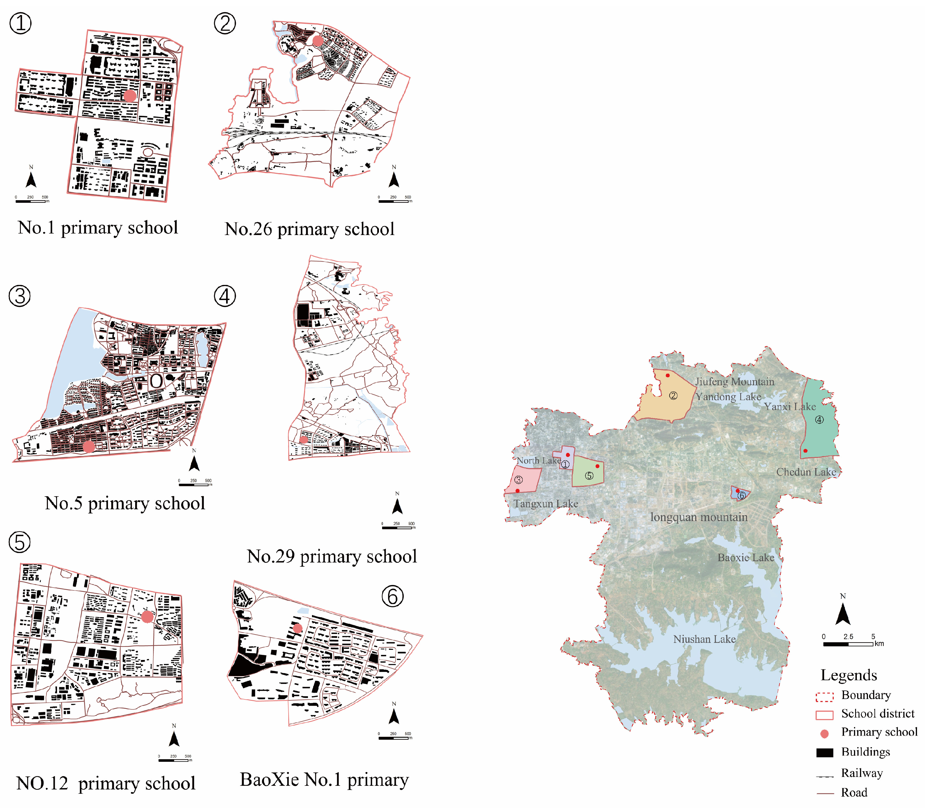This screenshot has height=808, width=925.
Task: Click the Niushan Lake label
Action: (x=704, y=639)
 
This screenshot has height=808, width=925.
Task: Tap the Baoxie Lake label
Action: (x=746, y=557)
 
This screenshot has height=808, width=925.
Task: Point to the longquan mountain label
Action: (x=699, y=517)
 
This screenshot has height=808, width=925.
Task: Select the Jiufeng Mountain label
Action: (x=735, y=381)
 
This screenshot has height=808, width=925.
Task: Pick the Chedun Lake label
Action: (x=806, y=472)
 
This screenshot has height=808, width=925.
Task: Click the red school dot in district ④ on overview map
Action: (x=805, y=450)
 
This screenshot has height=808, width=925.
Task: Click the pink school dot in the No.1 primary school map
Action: (x=130, y=96)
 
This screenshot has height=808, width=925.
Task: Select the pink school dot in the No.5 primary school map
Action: (x=89, y=446)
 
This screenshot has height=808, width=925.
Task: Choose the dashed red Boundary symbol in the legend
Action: (x=824, y=697)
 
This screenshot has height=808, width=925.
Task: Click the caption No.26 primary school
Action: (x=309, y=229)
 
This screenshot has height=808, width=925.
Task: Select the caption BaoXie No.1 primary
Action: (x=324, y=779)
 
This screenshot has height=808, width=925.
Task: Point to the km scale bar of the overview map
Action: (x=848, y=644)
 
